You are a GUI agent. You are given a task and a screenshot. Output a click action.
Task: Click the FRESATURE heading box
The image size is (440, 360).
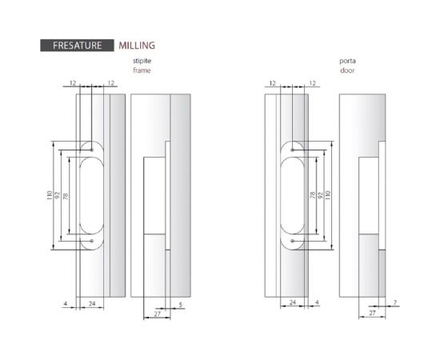(77, 46)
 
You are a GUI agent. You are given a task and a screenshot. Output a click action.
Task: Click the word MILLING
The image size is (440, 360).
(137, 46)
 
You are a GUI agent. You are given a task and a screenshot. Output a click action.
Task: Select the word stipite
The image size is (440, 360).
(142, 61)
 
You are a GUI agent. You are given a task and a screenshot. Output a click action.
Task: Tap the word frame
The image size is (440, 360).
(142, 70)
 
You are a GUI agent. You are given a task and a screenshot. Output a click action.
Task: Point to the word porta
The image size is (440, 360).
(347, 61)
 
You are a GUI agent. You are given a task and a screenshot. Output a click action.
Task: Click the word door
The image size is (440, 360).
(347, 70)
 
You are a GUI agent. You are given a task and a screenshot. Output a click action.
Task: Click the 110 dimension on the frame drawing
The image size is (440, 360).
(50, 195)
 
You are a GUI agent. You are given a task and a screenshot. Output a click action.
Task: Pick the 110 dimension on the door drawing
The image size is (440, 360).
(328, 195)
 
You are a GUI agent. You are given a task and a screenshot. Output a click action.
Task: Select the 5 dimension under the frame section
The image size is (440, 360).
(181, 305)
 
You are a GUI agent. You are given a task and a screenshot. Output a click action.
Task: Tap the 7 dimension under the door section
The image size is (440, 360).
(395, 302)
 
